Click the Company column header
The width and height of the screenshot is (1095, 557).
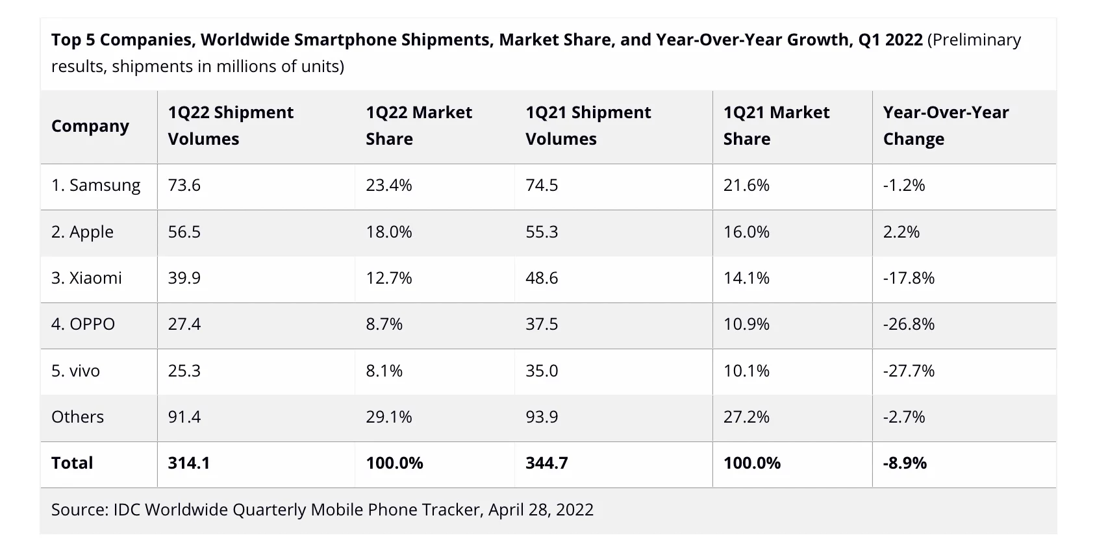click(90, 126)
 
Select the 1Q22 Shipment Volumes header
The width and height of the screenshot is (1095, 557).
click(231, 126)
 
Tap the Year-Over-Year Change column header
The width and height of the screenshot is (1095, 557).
click(946, 126)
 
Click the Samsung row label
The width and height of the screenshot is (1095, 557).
click(95, 186)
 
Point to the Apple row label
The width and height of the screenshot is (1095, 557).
click(82, 232)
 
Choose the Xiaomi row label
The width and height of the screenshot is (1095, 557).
click(86, 278)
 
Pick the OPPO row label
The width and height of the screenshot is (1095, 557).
click(83, 325)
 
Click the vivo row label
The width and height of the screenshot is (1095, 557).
click(75, 371)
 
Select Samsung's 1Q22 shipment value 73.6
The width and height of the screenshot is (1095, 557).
click(184, 186)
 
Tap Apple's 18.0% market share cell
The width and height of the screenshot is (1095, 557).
click(389, 232)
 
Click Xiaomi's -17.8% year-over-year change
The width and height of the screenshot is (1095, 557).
click(909, 278)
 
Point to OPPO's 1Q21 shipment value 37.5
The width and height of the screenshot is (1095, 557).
click(542, 325)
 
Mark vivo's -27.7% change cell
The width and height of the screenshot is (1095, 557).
click(909, 371)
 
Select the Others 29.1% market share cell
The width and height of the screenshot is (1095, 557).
click(389, 417)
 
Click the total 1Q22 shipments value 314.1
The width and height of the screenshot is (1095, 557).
click(189, 464)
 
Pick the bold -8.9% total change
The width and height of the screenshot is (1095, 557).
click(905, 464)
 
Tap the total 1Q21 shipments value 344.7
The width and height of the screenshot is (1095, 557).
click(547, 464)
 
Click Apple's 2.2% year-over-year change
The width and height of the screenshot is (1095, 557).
click(901, 232)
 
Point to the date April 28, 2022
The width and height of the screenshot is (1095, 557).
click(541, 510)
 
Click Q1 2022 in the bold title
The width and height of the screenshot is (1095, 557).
click(890, 40)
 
